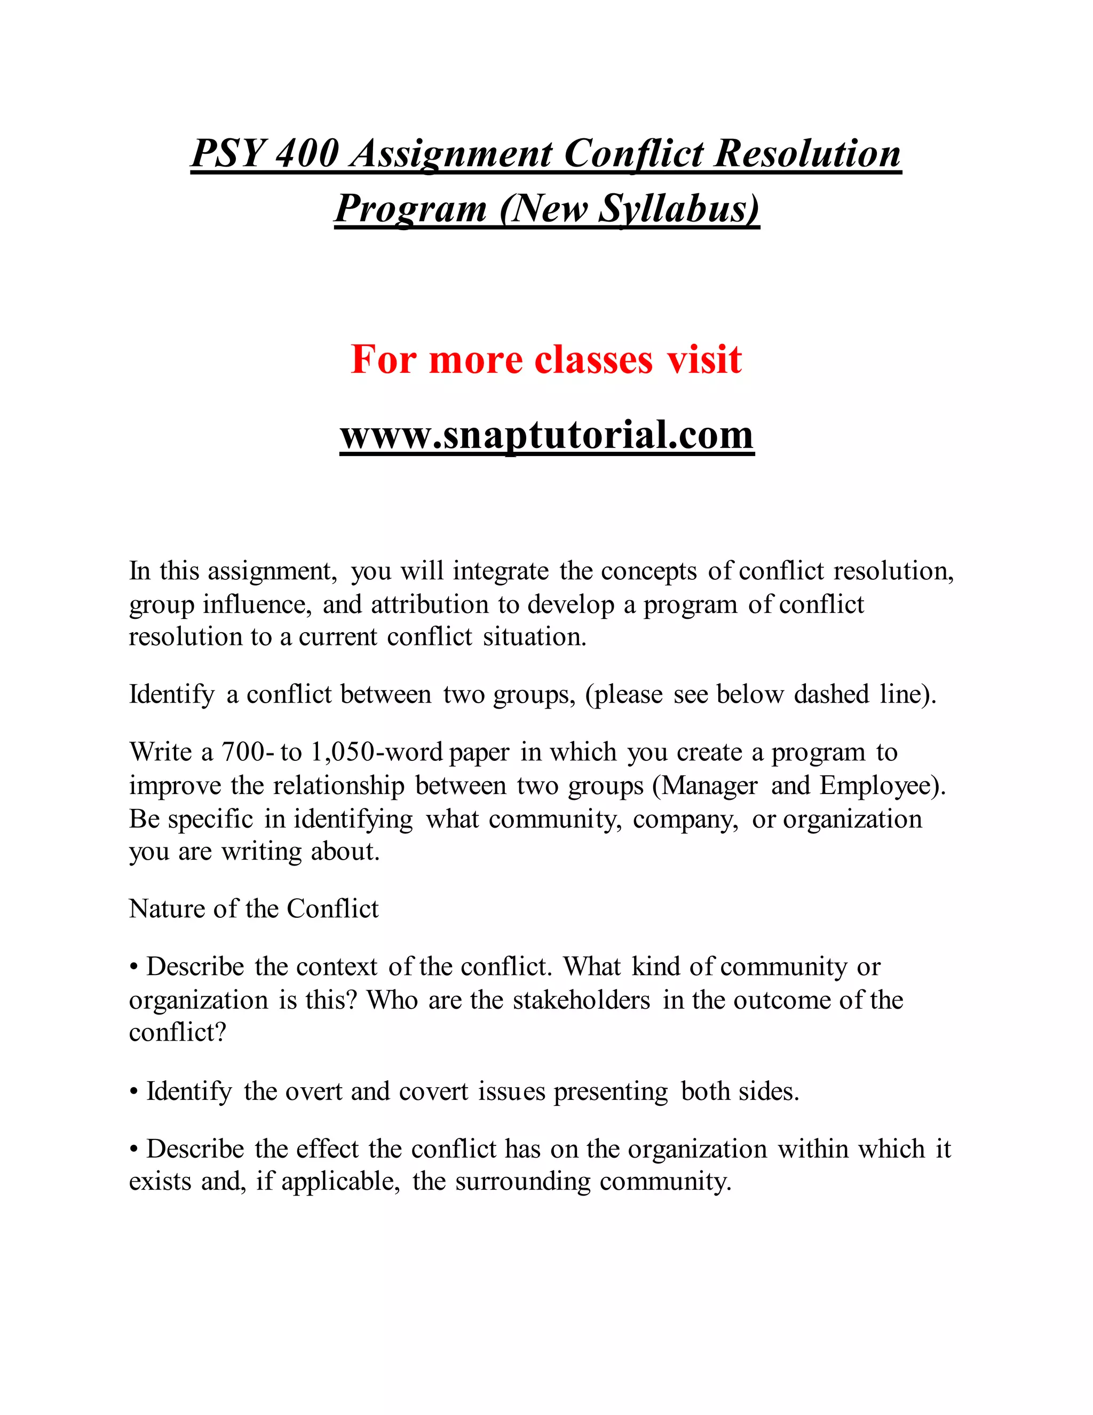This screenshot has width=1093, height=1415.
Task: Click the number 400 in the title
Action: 307,154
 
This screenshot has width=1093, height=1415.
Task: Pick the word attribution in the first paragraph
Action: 429,604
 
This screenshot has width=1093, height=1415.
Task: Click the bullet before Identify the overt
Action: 134,1092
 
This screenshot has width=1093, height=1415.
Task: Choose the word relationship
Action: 338,785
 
